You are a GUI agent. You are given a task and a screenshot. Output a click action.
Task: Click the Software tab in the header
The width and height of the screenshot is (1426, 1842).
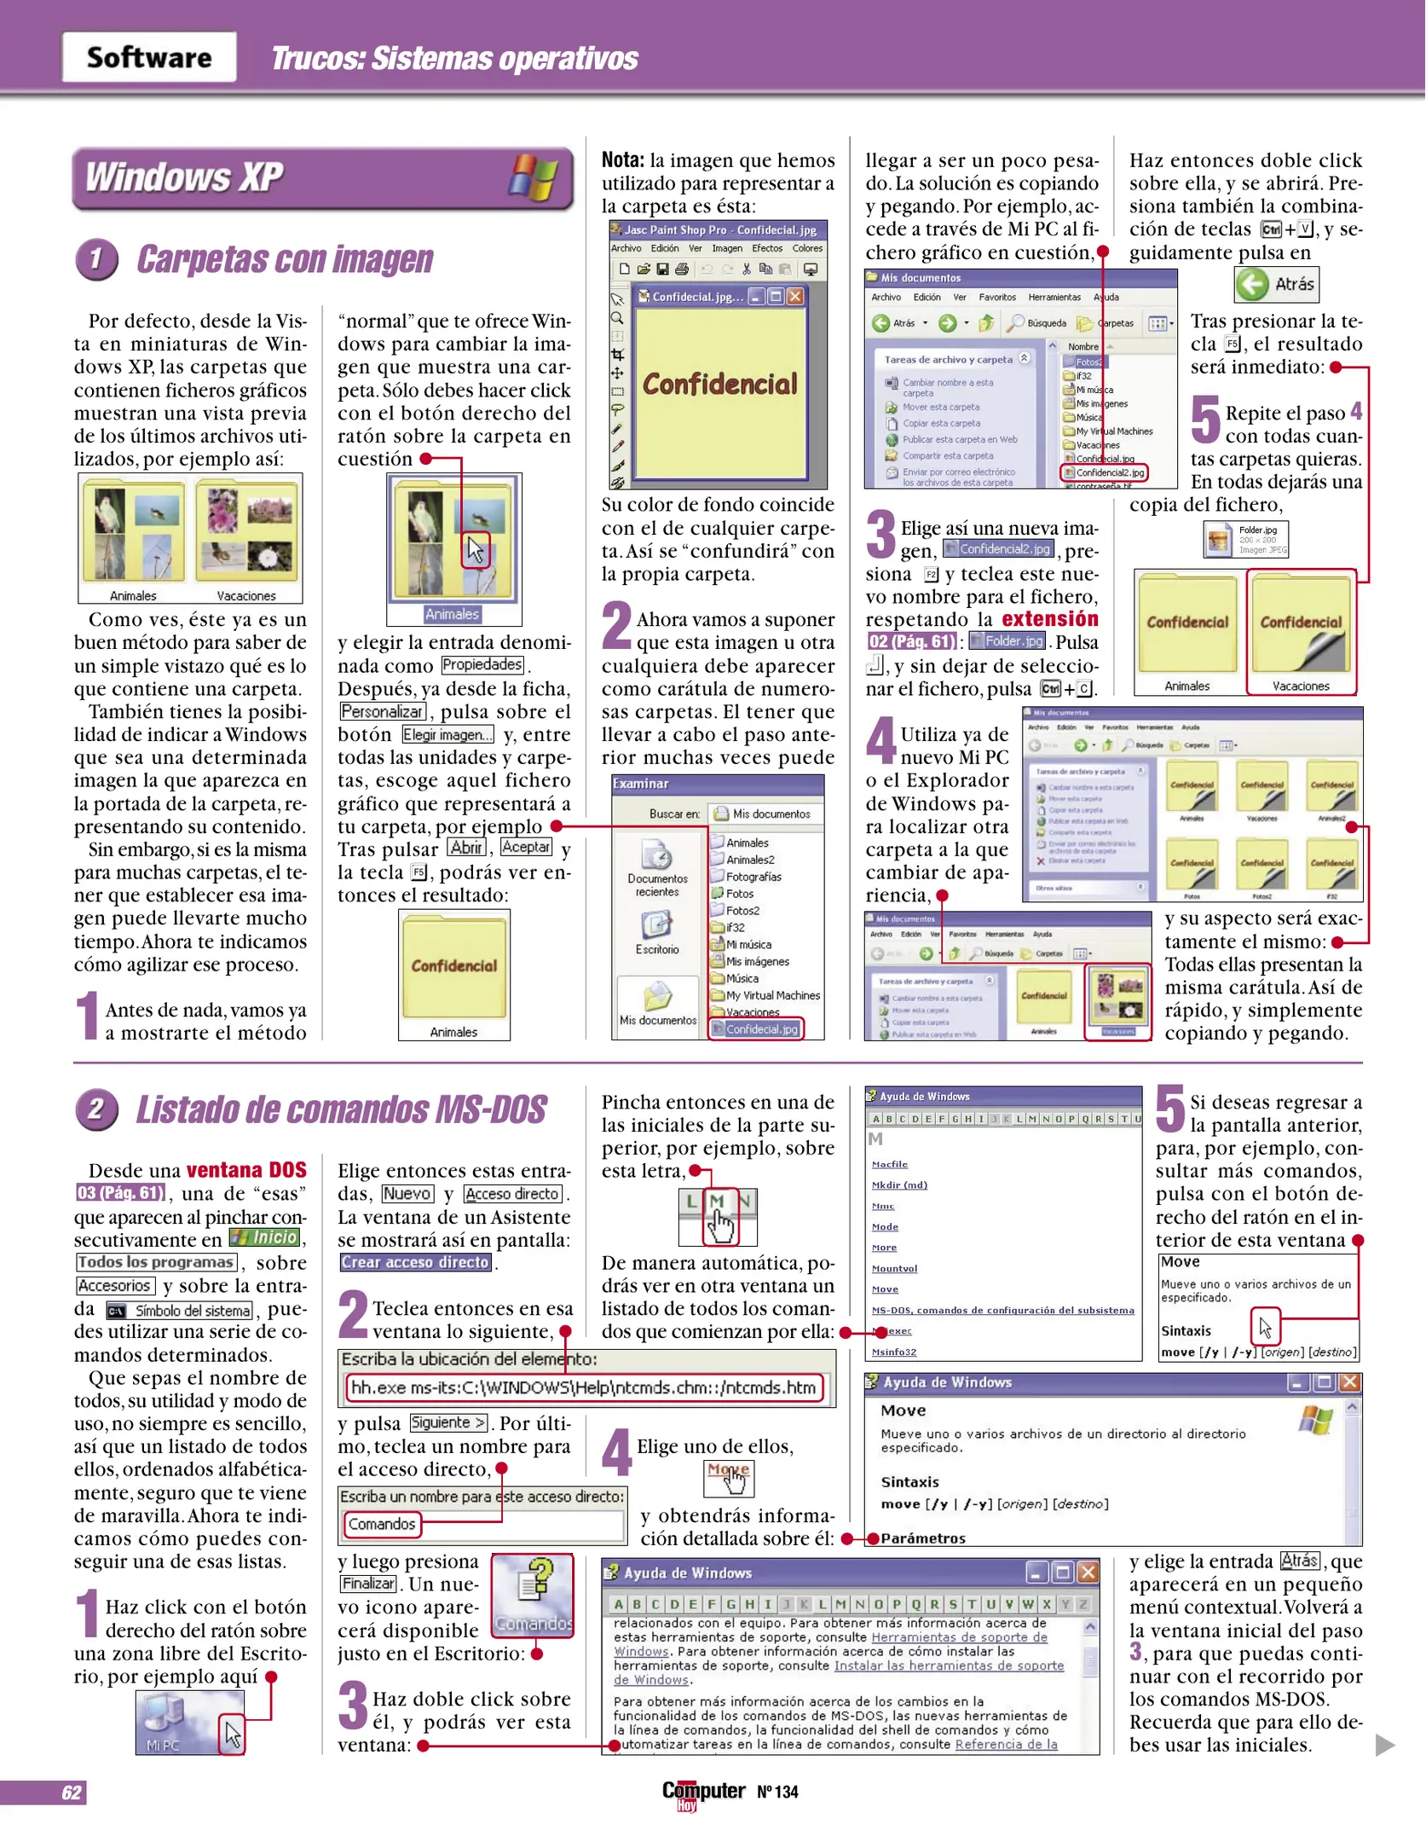(149, 57)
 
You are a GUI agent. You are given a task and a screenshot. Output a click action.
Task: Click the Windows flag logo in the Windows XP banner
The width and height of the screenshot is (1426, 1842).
(534, 178)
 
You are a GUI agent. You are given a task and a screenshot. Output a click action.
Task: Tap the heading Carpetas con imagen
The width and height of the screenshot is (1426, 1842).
(285, 260)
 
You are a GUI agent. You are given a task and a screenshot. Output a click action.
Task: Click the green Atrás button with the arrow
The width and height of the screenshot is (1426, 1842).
(1276, 285)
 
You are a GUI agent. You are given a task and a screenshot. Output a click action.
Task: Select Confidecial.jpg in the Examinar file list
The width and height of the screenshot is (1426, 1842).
(760, 1029)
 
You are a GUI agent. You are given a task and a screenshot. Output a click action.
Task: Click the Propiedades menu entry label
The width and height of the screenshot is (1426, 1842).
(482, 665)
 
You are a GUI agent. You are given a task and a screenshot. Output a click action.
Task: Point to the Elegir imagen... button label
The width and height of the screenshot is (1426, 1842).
(447, 735)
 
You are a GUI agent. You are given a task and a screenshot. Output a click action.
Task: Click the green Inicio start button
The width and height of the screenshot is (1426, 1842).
(265, 1237)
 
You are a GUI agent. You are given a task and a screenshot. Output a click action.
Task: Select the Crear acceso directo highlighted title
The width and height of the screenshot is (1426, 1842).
(415, 1263)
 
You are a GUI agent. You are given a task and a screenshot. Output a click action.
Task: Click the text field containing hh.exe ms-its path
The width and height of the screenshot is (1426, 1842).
(584, 1388)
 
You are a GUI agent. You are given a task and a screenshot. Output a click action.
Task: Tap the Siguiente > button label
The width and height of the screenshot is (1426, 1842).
(449, 1423)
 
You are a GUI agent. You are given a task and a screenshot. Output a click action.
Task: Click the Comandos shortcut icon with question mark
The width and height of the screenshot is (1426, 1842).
(534, 1595)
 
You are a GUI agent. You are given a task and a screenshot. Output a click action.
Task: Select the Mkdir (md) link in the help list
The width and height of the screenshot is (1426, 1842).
(899, 1185)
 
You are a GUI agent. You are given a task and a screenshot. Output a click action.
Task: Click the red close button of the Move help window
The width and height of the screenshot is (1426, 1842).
(1349, 1382)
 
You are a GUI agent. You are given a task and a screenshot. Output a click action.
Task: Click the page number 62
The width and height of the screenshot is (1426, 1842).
(72, 1793)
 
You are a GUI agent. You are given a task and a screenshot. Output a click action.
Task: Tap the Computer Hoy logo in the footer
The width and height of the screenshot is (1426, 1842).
(703, 1793)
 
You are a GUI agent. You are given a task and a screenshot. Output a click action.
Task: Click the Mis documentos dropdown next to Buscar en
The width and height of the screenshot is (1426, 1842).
(767, 814)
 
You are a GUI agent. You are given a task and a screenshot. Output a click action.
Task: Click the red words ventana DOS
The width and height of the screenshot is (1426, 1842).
(246, 1170)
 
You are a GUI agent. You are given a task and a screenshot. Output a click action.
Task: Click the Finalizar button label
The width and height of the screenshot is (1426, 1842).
(368, 1584)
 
